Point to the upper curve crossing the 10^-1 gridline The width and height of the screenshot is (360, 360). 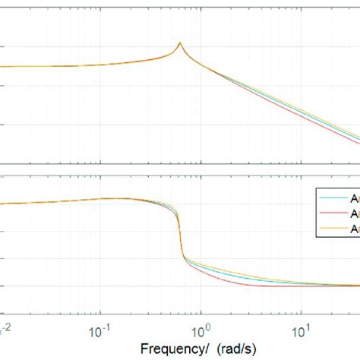(x=99, y=64)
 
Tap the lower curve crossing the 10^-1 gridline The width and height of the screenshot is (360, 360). (x=99, y=199)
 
